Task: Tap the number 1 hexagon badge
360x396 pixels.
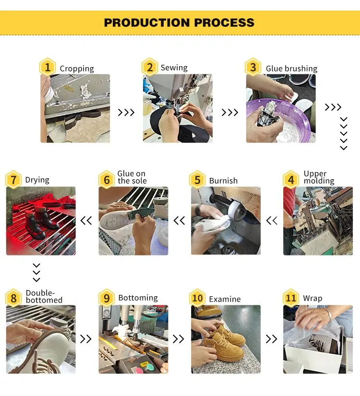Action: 48,67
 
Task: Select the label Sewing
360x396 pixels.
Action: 174,68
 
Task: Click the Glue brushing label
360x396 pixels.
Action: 291,69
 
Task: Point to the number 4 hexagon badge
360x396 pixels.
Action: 291,180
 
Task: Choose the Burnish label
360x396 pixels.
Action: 223,181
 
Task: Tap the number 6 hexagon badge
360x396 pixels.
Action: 107,180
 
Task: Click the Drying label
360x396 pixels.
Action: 37,180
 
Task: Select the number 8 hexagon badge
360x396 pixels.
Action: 13,298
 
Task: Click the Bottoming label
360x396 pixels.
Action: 138,298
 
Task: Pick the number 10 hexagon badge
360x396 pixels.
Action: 197,298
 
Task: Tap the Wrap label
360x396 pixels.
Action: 312,298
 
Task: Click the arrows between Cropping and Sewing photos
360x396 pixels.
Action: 126,112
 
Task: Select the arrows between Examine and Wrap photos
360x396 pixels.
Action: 271,339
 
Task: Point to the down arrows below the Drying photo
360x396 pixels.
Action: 36,272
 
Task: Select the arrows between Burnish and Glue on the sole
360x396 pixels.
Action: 179,221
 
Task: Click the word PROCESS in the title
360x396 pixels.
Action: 224,23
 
